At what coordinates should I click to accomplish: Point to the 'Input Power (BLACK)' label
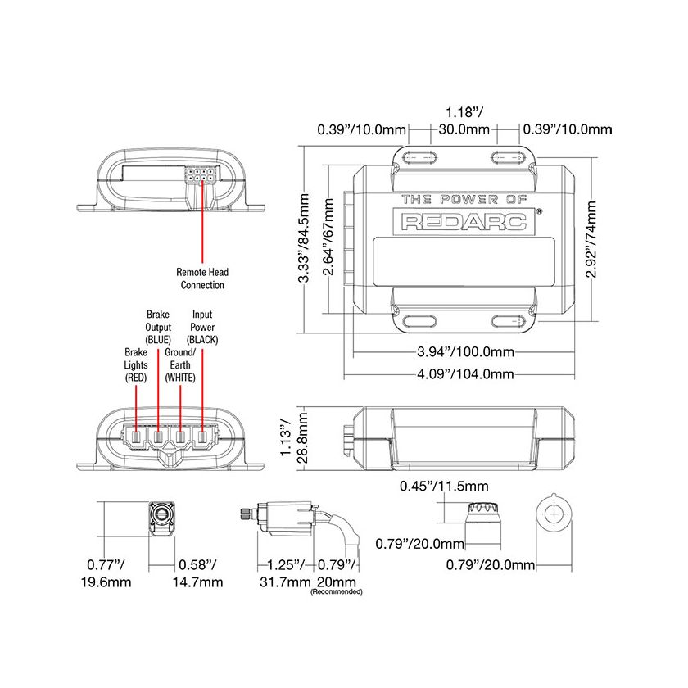coord(202,326)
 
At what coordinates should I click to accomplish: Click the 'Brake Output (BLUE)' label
coord(157,326)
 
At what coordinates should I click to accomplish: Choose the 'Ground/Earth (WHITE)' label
coord(179,364)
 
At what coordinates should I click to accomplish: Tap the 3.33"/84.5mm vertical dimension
coord(305,239)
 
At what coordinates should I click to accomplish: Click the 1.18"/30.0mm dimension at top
coord(464,120)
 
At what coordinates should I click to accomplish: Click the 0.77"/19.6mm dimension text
coord(108,573)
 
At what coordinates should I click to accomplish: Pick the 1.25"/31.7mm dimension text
coord(282,573)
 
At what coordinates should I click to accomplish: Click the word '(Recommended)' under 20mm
coord(336,591)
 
